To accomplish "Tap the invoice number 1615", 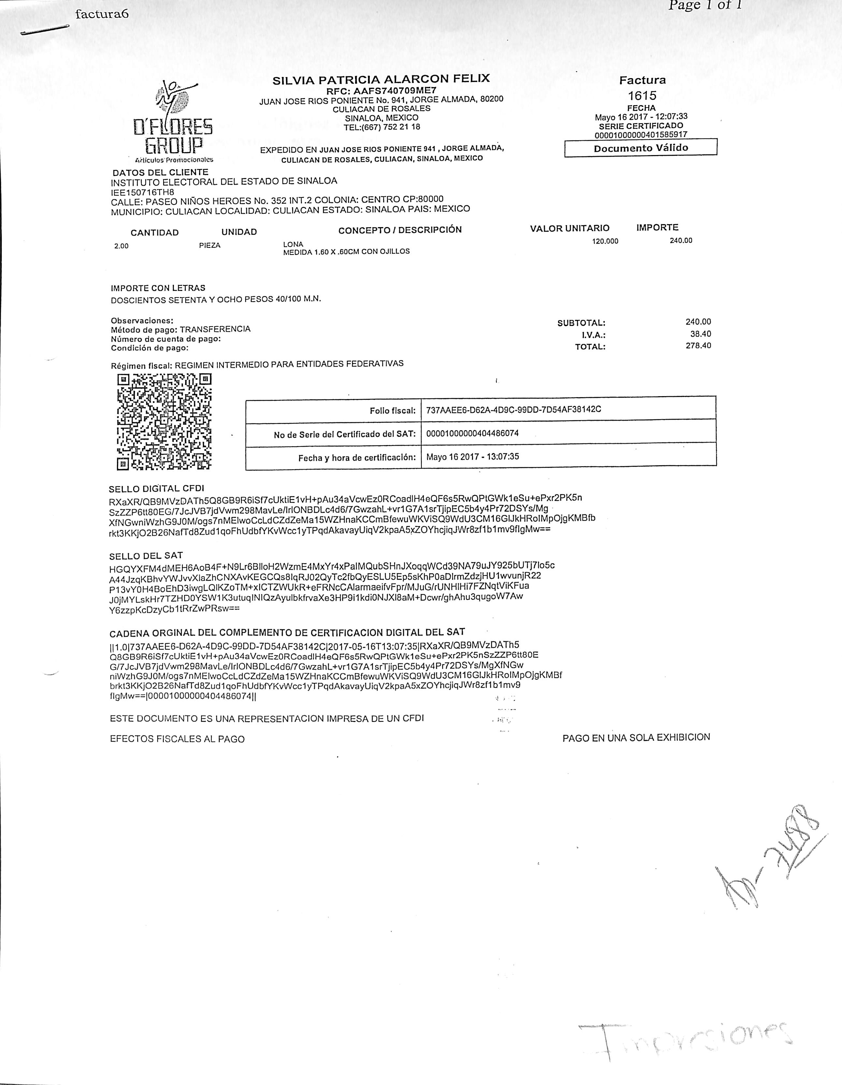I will point(642,95).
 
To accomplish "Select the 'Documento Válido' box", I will point(640,148).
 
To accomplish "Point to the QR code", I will point(164,422).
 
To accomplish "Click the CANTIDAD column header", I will point(154,233).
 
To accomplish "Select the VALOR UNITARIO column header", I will point(569,228).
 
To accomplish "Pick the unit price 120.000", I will point(605,241).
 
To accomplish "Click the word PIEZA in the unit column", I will point(210,245).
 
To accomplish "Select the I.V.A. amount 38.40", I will point(700,334).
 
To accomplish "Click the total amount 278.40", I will point(698,346).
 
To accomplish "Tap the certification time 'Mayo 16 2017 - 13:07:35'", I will point(472,456).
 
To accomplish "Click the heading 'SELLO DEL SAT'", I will point(146,556).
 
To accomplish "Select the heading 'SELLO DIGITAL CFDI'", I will point(156,489).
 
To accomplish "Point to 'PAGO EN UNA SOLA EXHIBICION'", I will point(636,738).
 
